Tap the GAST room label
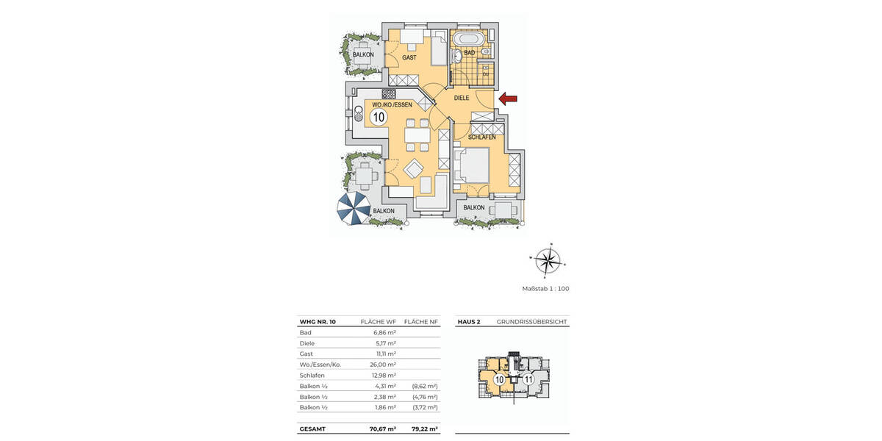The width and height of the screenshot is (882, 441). tap(409, 57)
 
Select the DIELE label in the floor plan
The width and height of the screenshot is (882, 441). tap(462, 98)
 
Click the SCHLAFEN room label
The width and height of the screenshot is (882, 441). tap(481, 137)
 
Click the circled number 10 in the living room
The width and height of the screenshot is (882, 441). tap(379, 117)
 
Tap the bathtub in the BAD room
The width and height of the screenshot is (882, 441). tap(468, 38)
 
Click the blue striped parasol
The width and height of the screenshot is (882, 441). tap(354, 210)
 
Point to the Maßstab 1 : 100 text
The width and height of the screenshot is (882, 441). tap(545, 289)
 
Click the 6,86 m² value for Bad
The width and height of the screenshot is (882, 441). tap(385, 332)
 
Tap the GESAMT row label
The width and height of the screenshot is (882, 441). tap(314, 429)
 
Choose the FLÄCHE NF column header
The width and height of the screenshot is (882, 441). tap(422, 322)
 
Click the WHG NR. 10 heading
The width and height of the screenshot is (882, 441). tap(318, 322)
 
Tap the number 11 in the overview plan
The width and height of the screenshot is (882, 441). tap(528, 379)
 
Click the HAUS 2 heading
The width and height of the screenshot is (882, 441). tap(469, 322)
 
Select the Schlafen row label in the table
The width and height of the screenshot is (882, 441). tap(312, 375)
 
